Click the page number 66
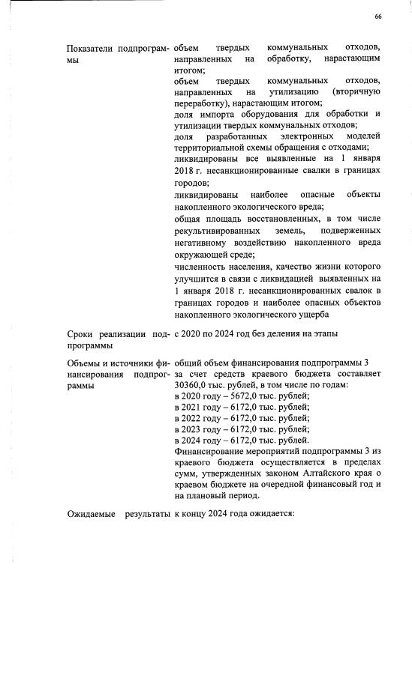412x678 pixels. click(x=378, y=16)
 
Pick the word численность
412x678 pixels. click(x=200, y=267)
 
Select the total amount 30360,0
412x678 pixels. click(x=189, y=384)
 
